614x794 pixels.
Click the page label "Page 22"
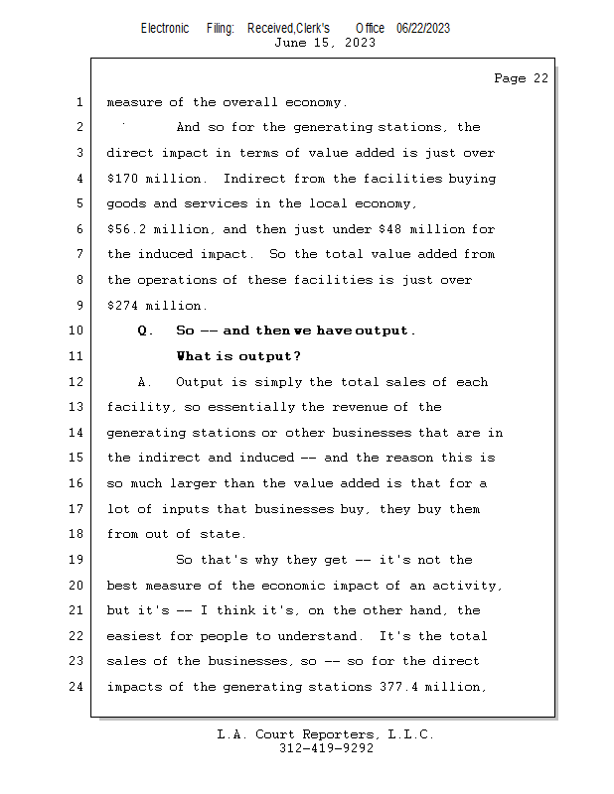click(521, 78)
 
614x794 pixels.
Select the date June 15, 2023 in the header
click(325, 43)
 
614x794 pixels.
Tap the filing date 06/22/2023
click(422, 28)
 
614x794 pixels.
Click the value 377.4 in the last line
click(400, 687)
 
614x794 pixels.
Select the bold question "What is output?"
click(238, 356)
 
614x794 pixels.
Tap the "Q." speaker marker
click(145, 331)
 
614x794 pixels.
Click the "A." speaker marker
click(145, 382)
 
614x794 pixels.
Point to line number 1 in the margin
click(78, 102)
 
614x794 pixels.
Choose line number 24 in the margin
click(76, 687)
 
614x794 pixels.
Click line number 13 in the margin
click(76, 407)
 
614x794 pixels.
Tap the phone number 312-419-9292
click(326, 748)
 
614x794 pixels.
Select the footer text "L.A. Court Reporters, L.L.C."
click(326, 734)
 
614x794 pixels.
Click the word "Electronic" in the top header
click(165, 28)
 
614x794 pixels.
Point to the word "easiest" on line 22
click(136, 636)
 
